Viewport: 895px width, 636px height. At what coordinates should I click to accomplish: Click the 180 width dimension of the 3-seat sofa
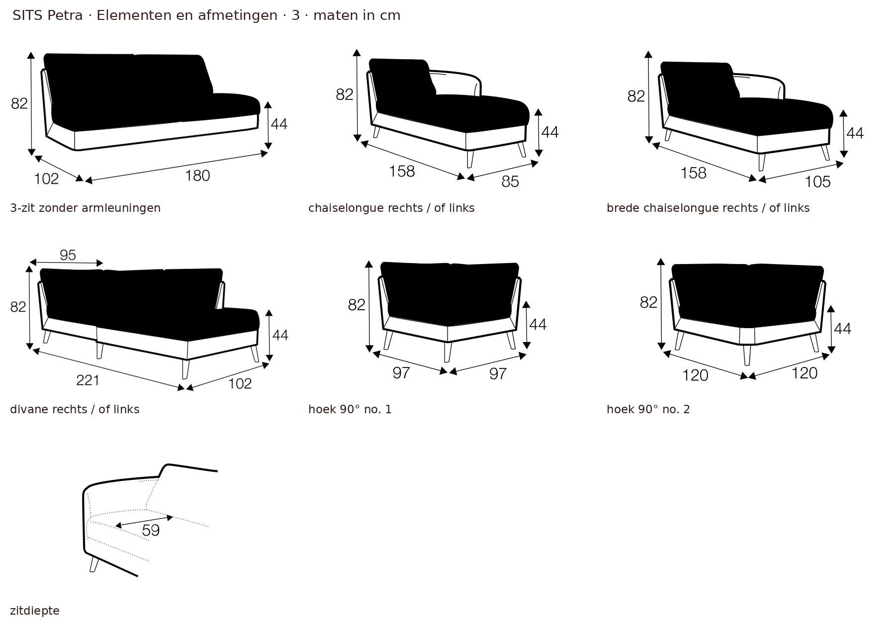click(198, 176)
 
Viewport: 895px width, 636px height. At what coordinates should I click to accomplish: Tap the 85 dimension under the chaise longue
click(510, 182)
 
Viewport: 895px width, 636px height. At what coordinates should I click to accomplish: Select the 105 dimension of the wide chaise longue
click(818, 182)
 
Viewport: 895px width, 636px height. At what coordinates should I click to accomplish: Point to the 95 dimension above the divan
click(68, 255)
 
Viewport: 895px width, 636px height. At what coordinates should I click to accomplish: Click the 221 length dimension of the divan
click(88, 380)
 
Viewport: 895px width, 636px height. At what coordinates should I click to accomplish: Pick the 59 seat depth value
click(151, 531)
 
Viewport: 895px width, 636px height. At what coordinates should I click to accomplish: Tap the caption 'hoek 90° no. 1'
click(350, 409)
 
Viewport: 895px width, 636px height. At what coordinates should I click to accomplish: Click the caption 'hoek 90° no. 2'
click(648, 409)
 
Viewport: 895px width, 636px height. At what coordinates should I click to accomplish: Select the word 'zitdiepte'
click(35, 611)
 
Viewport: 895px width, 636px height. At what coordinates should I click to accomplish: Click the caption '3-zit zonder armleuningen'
click(86, 208)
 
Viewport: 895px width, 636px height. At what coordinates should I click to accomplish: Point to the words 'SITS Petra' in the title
click(48, 15)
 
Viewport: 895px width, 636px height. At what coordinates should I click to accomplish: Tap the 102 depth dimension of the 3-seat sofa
click(47, 179)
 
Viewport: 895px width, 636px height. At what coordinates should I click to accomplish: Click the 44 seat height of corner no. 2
click(842, 329)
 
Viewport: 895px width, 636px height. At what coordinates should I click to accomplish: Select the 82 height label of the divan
click(18, 307)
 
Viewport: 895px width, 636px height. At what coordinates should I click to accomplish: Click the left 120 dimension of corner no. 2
click(695, 375)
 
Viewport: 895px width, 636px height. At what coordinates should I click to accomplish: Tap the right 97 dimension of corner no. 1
click(498, 373)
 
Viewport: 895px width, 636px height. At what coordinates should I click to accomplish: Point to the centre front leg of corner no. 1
click(447, 352)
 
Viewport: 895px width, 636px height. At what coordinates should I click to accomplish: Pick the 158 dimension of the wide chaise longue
click(694, 173)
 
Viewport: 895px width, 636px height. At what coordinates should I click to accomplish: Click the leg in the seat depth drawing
click(94, 564)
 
